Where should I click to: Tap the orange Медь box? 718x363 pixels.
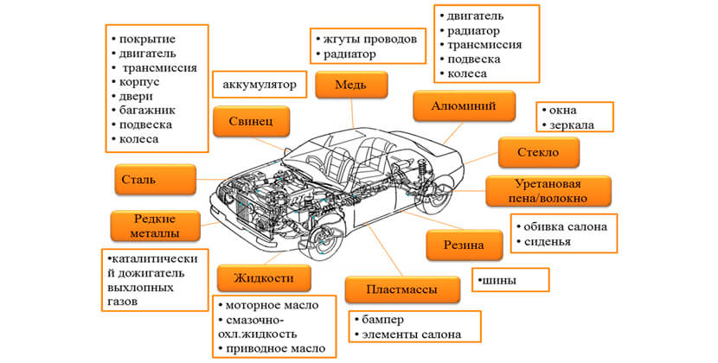(x=350, y=86)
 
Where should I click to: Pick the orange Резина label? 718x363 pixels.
(x=464, y=246)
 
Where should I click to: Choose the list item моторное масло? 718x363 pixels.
(x=272, y=306)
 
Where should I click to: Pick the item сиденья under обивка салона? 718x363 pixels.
(x=548, y=241)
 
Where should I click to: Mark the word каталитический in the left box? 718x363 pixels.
(x=152, y=259)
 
